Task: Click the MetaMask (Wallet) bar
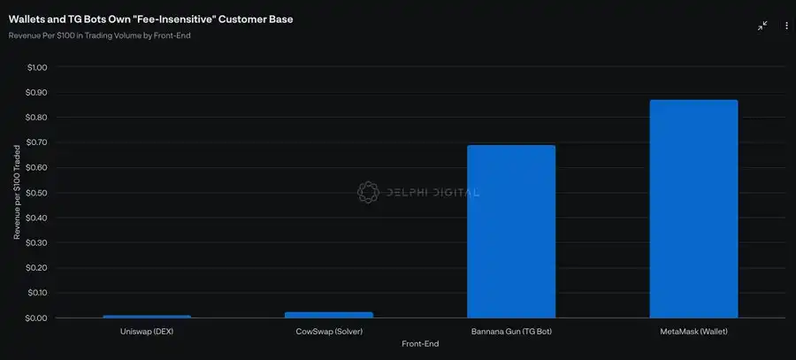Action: [x=693, y=209]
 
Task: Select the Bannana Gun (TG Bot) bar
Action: [x=511, y=232]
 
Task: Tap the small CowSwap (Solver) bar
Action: [x=329, y=314]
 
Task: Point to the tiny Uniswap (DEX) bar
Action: [x=147, y=316]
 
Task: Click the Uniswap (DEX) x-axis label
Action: [x=147, y=331]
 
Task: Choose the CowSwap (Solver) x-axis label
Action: [x=329, y=331]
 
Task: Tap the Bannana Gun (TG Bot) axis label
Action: [x=511, y=331]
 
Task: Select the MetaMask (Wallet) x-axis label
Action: [x=693, y=331]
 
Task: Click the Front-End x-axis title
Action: [x=421, y=343]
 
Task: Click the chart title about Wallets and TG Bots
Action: [x=150, y=19]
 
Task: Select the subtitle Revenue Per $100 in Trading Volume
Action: [x=99, y=35]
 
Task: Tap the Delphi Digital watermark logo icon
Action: [x=368, y=192]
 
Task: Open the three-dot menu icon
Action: [x=786, y=26]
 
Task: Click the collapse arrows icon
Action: [x=762, y=26]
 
